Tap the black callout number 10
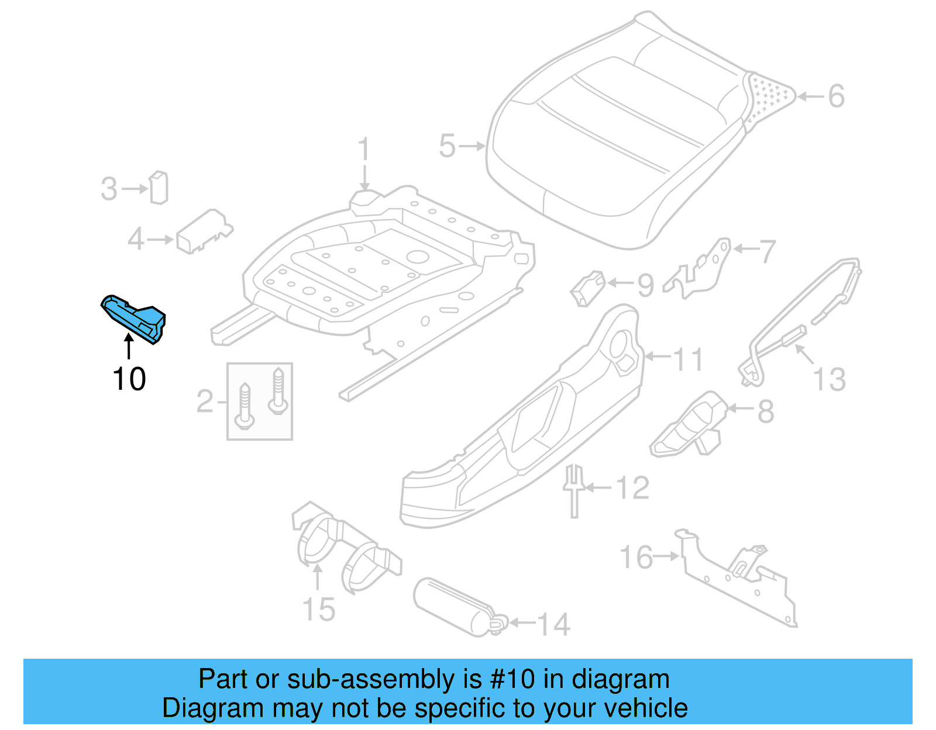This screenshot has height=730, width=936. point(129,379)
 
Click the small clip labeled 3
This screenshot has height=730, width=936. point(159,188)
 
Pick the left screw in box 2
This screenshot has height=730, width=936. point(244,406)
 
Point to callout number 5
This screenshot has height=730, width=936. point(447,146)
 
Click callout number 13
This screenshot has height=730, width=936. point(830,379)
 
